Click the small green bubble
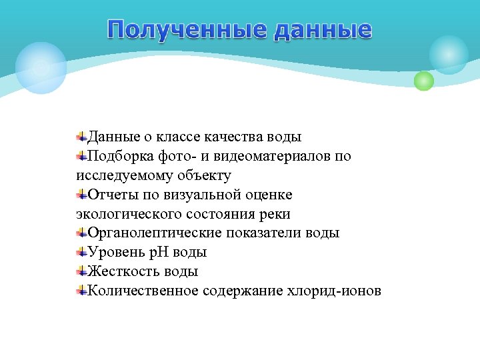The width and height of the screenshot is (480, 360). click(423, 81)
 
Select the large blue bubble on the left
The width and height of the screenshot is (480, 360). click(41, 67)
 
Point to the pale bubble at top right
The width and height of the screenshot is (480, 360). click(449, 55)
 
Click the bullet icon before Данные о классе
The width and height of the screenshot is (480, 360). click(81, 137)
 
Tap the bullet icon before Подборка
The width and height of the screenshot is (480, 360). click(81, 156)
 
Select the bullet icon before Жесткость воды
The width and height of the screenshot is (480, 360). click(81, 271)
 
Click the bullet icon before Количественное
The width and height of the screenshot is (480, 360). click(81, 291)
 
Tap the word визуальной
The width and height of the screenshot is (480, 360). click(201, 195)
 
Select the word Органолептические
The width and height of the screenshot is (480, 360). click(155, 233)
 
